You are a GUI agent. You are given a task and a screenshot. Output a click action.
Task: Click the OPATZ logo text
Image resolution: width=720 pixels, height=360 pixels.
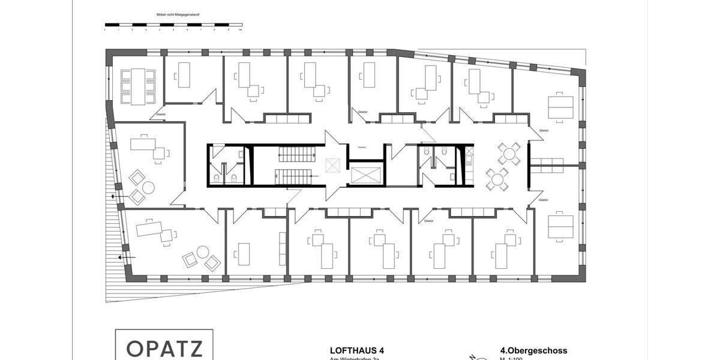coord(164,349)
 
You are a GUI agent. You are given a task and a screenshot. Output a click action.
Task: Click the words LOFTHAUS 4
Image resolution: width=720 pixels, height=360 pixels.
coord(357,350)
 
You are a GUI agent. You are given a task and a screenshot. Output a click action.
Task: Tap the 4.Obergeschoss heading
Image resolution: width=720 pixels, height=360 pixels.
coord(533,350)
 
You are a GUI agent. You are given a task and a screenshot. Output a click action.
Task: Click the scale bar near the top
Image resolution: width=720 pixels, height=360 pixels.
coord(173,26)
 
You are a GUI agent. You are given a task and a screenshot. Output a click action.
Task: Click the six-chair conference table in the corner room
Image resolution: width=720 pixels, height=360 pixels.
coord(139,86)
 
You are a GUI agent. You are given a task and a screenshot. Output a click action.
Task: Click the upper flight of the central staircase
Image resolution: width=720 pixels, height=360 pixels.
coord(296,156)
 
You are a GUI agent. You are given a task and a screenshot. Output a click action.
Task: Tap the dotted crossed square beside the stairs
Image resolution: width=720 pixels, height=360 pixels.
coord(332,164)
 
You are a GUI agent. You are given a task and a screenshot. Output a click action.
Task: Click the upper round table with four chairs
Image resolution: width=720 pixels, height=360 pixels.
coord(508,154)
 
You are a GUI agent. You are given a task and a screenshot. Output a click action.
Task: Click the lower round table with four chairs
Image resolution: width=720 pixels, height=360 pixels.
coord(497,178)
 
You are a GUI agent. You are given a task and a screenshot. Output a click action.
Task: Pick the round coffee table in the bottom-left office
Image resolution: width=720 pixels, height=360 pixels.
coord(203,252)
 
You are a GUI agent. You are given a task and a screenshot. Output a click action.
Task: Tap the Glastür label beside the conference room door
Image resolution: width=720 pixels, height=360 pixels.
coord(161,114)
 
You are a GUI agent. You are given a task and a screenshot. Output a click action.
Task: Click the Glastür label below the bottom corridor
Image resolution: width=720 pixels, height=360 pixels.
coord(428,221)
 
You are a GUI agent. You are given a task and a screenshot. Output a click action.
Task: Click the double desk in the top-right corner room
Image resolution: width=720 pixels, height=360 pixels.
coord(560,107)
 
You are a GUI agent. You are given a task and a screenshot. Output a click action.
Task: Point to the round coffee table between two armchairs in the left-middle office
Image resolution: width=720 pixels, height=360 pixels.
coord(148,187)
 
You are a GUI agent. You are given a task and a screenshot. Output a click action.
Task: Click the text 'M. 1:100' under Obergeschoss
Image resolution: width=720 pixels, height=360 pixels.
coord(511,358)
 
